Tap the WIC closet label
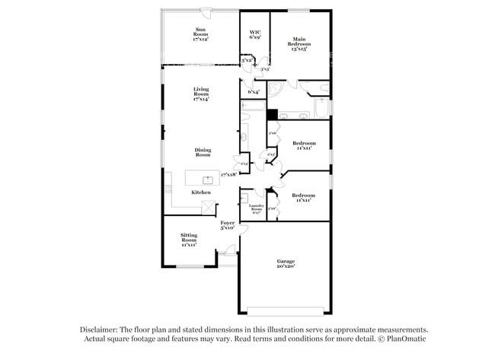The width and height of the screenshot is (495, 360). (x=255, y=34)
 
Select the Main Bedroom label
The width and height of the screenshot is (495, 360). (x=299, y=44)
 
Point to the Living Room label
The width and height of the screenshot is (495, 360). (x=200, y=94)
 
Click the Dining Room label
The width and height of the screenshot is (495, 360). (x=202, y=152)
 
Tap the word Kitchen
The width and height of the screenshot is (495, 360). (x=201, y=193)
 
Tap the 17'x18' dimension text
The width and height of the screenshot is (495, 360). (x=228, y=175)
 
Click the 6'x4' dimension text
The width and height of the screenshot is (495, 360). (x=254, y=93)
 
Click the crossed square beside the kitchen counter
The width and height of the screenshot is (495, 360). (x=209, y=209)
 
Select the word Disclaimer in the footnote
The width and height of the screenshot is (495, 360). (x=102, y=330)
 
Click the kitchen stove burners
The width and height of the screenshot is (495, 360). (x=168, y=188)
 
